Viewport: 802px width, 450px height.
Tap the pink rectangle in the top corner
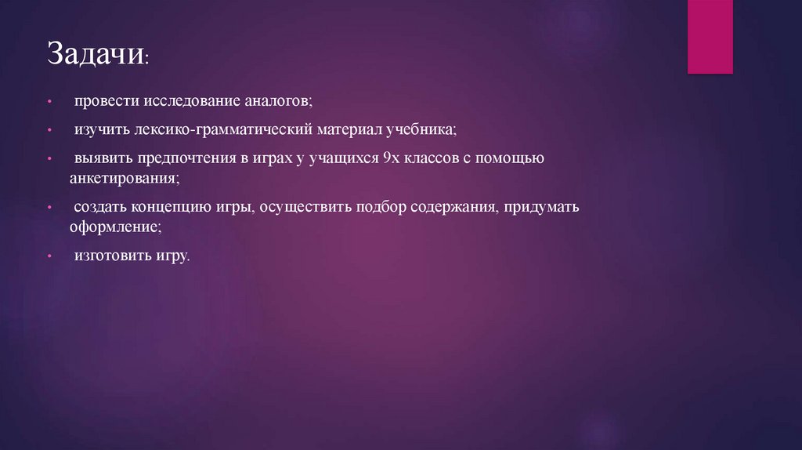(710, 37)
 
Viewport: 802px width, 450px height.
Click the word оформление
(114, 227)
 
